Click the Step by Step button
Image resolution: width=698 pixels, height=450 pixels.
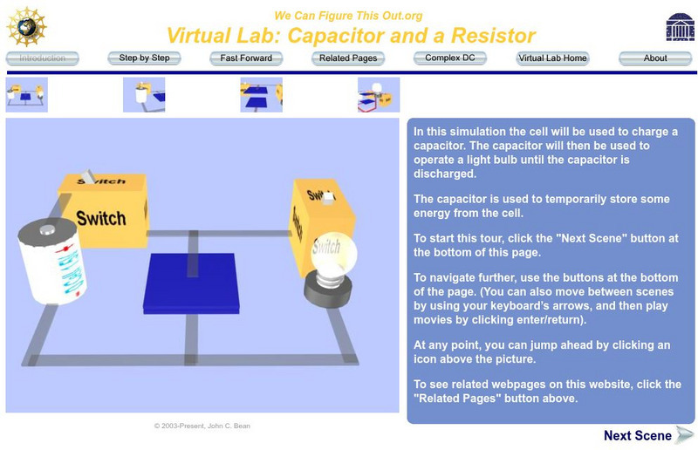coord(144,58)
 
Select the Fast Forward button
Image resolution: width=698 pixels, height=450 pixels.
coord(246,58)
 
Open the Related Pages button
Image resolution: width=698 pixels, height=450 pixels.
coord(348,58)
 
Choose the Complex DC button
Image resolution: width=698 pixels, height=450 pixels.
coord(450,58)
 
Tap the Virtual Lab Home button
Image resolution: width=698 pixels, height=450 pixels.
coord(552,58)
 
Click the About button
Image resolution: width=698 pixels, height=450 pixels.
coord(655,58)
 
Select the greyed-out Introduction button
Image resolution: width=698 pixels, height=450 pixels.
coord(42,58)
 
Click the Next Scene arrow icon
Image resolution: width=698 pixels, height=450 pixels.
coord(684,435)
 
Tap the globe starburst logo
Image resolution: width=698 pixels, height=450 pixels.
coord(26,27)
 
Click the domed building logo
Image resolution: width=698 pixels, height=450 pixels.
coord(681,27)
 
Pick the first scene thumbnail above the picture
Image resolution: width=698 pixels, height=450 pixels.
coord(27,95)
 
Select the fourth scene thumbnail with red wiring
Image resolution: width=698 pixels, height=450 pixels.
coord(379,95)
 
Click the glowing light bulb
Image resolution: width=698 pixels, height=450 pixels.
coord(334,255)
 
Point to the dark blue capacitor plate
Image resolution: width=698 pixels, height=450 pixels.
coord(191,283)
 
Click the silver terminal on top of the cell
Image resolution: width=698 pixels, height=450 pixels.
coord(47,229)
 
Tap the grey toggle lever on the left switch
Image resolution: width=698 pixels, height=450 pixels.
coord(88,176)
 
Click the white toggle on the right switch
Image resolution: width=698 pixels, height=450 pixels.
coord(328,198)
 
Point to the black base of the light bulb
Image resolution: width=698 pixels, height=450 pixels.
coord(328,290)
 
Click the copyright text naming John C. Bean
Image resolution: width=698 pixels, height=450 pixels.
coord(202,426)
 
